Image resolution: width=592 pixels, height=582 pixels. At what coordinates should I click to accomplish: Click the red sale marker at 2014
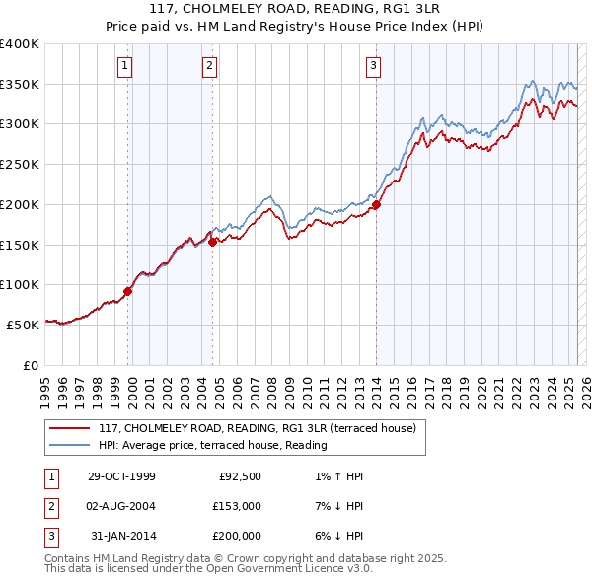coord(376,205)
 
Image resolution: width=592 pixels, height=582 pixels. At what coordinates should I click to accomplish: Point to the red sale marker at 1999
coord(127,291)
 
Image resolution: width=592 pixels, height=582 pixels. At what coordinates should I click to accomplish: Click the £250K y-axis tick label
coord(20,164)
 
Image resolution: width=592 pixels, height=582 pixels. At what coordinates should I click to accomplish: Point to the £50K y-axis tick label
coord(23,324)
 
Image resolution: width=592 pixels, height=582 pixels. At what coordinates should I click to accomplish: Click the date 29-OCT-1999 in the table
coord(121,476)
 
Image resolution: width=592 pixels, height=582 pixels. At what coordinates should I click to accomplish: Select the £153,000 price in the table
coord(237,506)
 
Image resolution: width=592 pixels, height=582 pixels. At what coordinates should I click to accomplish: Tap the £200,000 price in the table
coord(237,536)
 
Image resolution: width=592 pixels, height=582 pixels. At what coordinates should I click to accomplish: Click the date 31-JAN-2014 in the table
coord(122,536)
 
